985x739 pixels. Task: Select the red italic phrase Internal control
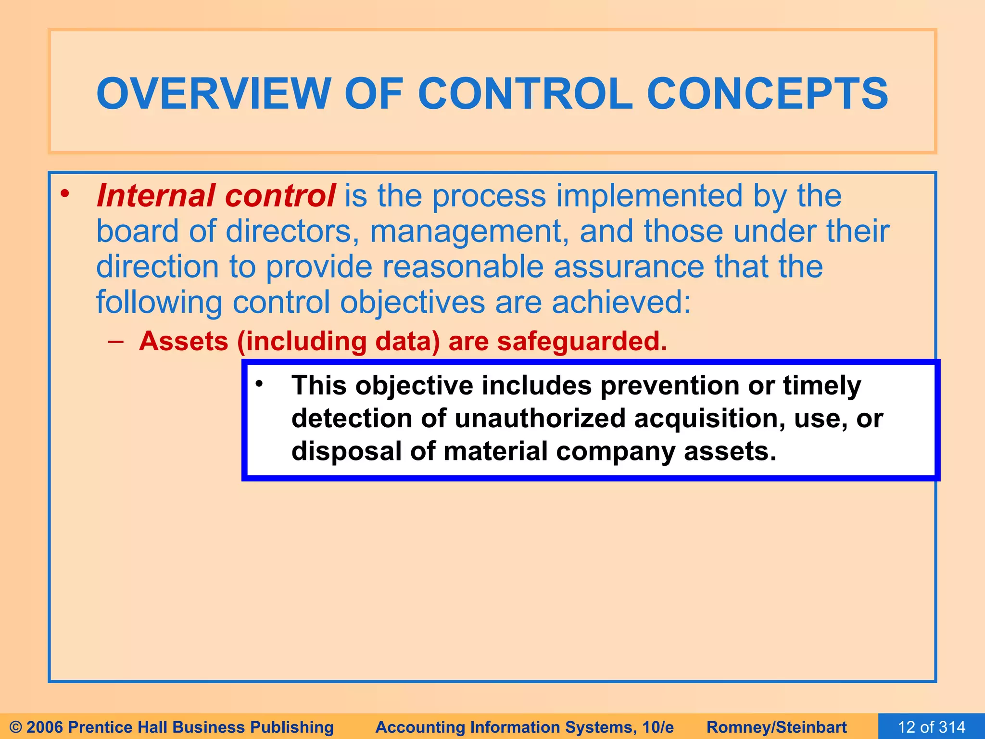tap(215, 196)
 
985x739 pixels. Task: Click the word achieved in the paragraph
tap(620, 303)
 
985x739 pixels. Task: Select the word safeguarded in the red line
tap(581, 341)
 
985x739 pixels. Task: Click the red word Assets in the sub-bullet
tap(183, 341)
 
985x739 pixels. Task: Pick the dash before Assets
tap(116, 341)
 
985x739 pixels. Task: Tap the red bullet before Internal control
tap(65, 194)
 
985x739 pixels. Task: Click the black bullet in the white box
tap(259, 383)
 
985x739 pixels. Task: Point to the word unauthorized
tap(540, 418)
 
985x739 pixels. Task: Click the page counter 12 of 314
tap(931, 727)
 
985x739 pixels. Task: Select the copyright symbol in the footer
tap(15, 727)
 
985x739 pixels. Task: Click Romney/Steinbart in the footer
tap(776, 727)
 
